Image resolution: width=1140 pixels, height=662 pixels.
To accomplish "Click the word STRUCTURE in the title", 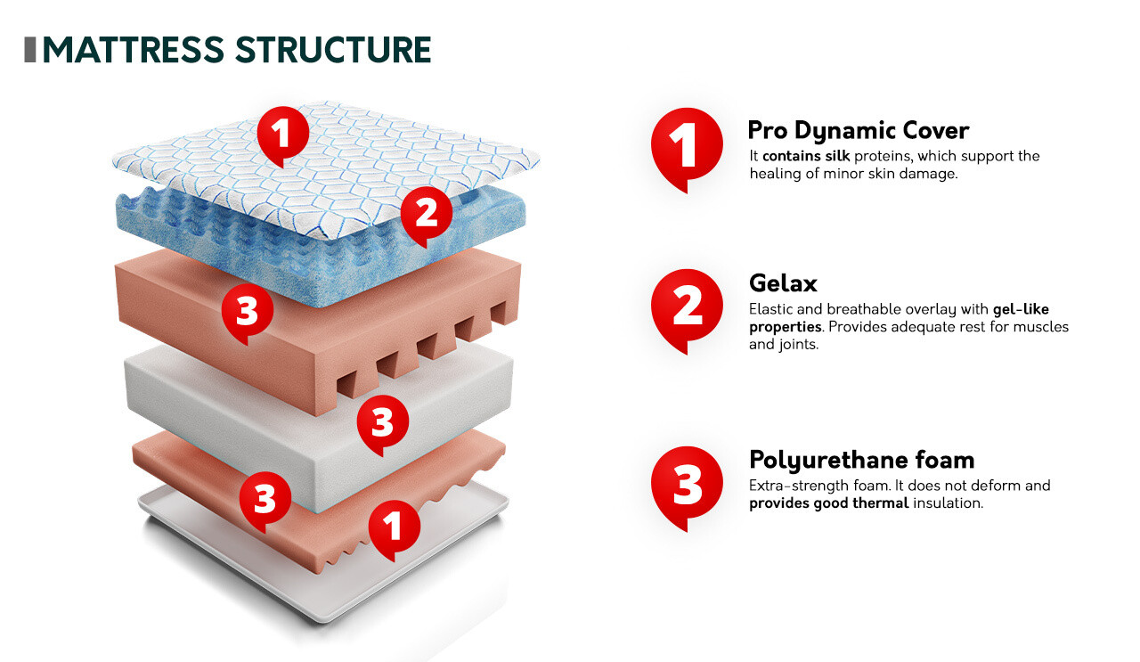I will point(333,50).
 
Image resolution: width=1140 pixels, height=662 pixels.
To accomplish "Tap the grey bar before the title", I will point(29,50).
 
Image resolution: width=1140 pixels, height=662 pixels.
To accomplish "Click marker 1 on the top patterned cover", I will point(281,135).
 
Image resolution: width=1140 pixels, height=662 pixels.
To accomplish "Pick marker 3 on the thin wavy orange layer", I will point(265,499).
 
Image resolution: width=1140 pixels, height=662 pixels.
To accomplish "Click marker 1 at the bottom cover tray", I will point(394,526).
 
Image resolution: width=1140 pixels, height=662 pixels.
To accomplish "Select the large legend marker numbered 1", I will point(685,146).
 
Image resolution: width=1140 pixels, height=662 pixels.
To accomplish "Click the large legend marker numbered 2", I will point(686,306).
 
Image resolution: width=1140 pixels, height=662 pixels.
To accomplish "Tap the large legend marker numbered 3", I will point(686,485).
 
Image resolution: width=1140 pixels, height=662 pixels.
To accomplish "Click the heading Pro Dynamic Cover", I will point(858,130).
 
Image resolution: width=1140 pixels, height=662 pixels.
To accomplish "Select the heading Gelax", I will point(783,283).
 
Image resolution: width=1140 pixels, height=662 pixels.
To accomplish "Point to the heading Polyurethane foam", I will point(861,460).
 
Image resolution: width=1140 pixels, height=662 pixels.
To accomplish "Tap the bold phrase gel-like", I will point(1021,309).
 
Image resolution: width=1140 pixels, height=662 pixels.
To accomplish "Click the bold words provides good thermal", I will point(828,503).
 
